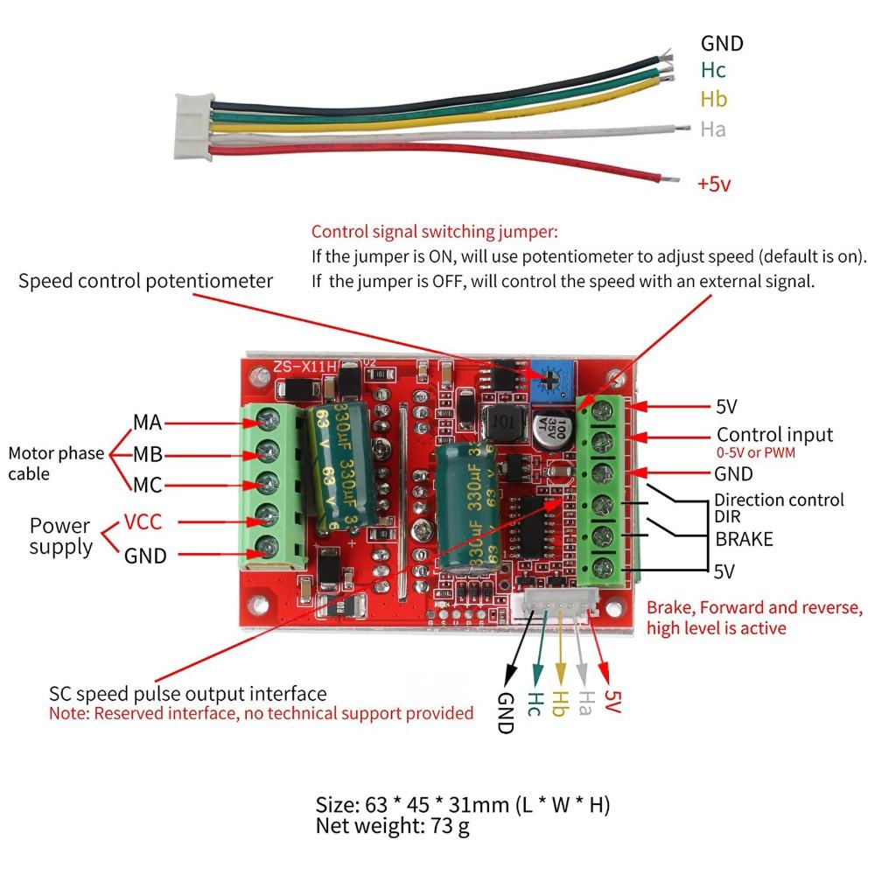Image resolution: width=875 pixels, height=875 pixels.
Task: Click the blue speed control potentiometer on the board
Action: click(x=547, y=377)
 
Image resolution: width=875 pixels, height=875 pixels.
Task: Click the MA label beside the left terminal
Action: click(x=147, y=422)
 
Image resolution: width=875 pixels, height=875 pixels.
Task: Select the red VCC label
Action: click(x=143, y=522)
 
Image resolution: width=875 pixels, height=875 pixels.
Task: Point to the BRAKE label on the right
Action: click(x=744, y=539)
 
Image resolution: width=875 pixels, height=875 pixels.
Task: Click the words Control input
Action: click(x=774, y=435)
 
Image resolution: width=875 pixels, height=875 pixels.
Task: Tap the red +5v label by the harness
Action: click(x=714, y=185)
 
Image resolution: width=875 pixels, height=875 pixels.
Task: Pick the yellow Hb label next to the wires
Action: click(x=713, y=99)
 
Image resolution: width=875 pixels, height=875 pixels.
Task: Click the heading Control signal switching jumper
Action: click(x=434, y=233)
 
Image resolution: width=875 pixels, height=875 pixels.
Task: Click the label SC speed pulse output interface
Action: click(x=188, y=694)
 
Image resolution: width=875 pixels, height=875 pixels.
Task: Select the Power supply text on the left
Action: click(x=60, y=536)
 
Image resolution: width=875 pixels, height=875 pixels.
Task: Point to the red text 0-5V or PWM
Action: click(x=761, y=454)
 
